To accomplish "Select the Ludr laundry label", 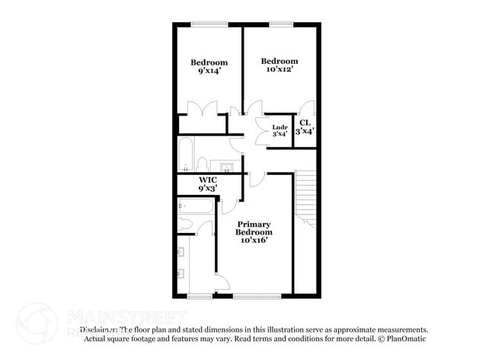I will click(279, 126).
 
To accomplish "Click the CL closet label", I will click(305, 123).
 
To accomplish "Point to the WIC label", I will click(208, 180).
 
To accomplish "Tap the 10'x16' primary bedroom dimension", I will click(254, 241).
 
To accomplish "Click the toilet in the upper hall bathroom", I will click(203, 163).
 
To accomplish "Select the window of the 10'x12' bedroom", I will click(280, 24).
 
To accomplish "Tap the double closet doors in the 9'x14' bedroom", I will click(203, 109).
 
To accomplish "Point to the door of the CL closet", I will click(305, 107).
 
